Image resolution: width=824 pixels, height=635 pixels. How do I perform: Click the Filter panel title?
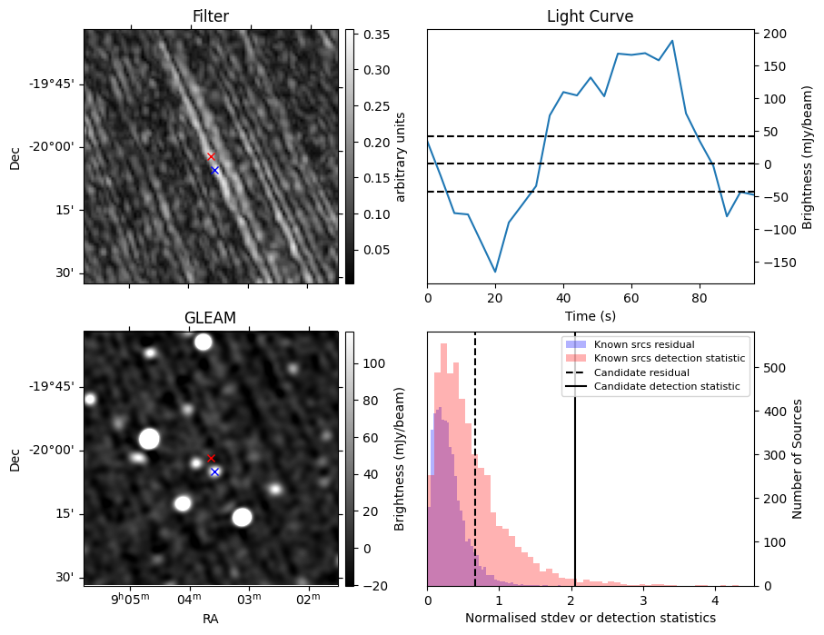(x=211, y=16)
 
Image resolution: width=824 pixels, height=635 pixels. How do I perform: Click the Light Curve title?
(x=590, y=16)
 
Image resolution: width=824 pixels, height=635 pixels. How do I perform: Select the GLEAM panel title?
(x=211, y=318)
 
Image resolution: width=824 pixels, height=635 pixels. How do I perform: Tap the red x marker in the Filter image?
(x=211, y=156)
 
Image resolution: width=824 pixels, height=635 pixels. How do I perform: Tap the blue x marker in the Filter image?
(x=215, y=170)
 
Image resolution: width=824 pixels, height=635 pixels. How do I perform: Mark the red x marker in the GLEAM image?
(x=211, y=458)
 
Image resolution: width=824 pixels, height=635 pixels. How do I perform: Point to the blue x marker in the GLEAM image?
(x=215, y=471)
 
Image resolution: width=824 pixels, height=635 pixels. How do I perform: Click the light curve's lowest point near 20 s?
(x=495, y=272)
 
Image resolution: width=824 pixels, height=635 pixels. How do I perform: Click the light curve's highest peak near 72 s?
(x=672, y=41)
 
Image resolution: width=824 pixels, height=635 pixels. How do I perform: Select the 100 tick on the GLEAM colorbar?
(x=369, y=363)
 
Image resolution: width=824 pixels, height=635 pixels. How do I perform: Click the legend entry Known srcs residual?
(x=644, y=345)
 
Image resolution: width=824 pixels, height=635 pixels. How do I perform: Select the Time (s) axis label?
(x=590, y=314)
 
